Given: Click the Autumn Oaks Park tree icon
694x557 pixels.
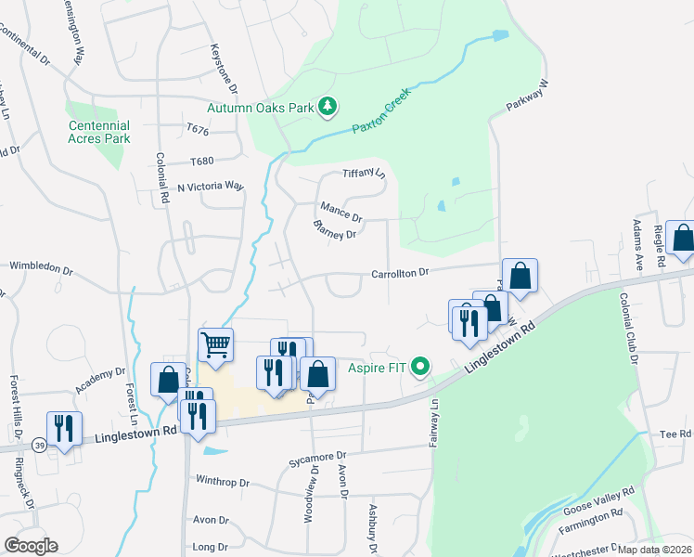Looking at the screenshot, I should pyautogui.click(x=328, y=108).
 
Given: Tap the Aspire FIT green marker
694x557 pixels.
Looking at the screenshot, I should pyautogui.click(x=422, y=369).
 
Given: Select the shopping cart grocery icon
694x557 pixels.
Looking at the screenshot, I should pyautogui.click(x=215, y=345).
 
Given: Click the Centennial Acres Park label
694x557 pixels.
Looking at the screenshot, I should pyautogui.click(x=99, y=131).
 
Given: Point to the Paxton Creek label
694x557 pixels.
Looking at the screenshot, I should pyautogui.click(x=385, y=120).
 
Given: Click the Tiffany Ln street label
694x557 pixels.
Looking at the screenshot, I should pyautogui.click(x=364, y=173).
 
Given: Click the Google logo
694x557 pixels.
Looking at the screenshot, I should pyautogui.click(x=31, y=546).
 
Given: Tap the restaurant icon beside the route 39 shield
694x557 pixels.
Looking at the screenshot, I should pyautogui.click(x=65, y=429).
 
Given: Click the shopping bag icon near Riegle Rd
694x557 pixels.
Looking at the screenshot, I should pyautogui.click(x=683, y=240).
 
